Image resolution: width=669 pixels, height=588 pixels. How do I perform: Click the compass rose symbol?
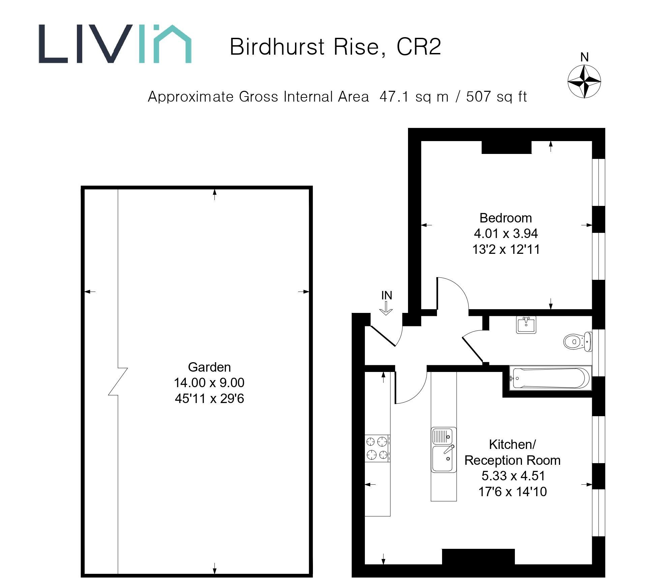coord(584,82)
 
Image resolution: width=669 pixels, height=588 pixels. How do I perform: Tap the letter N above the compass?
coord(584,57)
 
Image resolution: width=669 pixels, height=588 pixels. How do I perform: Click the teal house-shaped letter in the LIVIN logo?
coord(172,44)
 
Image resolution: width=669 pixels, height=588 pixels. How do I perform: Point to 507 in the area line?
coord(478,97)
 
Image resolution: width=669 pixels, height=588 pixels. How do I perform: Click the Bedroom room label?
coord(505,218)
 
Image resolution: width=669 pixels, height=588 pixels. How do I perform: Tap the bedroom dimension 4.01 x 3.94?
coord(505,234)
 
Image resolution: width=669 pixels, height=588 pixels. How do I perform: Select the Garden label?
coord(209,367)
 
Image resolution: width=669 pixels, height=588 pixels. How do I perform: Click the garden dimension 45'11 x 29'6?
coord(209,399)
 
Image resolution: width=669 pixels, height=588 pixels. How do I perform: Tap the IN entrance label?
coord(386,295)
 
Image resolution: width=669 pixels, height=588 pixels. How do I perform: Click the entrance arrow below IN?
coord(386,308)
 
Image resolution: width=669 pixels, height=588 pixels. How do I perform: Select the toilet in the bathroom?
coord(577,342)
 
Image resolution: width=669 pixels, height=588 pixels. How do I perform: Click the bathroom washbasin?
coord(526,325)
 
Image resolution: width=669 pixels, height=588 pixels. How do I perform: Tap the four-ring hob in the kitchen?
coord(377,448)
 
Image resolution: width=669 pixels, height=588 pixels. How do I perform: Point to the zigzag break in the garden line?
coord(118,381)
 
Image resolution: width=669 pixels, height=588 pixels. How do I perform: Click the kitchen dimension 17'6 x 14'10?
coord(512,492)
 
